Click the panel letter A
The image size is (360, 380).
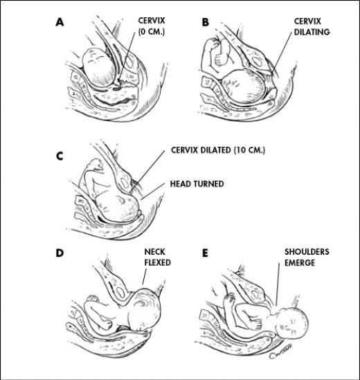60,22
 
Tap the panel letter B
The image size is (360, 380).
206,22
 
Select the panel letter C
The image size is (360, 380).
60,156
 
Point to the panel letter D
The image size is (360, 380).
60,253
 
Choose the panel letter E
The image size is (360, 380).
205,253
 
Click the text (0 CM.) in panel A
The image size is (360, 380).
152,32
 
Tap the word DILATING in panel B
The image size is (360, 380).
312,32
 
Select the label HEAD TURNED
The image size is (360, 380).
197,183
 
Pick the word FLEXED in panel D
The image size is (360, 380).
158,262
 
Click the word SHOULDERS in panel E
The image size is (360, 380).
307,251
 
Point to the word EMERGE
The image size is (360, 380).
300,263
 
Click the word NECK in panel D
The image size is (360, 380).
154,251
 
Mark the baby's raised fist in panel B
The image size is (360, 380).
213,44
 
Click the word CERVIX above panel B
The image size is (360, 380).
307,21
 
